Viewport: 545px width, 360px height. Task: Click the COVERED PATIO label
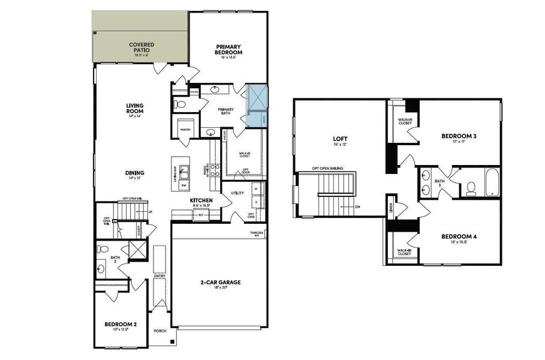pyautogui.click(x=141, y=47)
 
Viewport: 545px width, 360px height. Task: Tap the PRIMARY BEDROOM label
pyautogui.click(x=228, y=50)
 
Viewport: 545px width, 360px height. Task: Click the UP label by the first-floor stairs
pyautogui.click(x=149, y=212)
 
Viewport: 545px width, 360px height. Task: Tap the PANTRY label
pyautogui.click(x=185, y=129)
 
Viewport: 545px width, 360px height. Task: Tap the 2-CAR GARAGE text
pyautogui.click(x=220, y=281)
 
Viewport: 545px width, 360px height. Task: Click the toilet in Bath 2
pyautogui.click(x=103, y=248)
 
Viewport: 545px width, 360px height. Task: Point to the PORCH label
pyautogui.click(x=159, y=331)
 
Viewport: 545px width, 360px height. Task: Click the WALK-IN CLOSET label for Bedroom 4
pyautogui.click(x=405, y=251)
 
